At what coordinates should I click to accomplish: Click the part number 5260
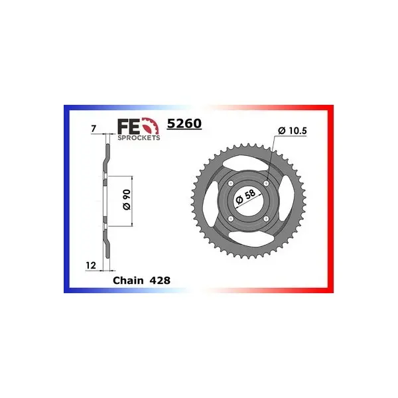(x=184, y=123)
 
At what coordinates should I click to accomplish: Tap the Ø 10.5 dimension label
(x=292, y=131)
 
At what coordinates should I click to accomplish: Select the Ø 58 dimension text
(x=245, y=196)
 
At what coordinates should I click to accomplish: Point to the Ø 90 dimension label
(x=127, y=200)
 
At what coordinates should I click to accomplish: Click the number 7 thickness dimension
(x=94, y=129)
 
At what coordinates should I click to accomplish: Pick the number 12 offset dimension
(x=91, y=265)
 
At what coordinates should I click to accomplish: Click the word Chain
(x=128, y=281)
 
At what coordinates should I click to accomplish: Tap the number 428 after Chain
(x=160, y=281)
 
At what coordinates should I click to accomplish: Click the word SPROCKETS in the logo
(x=139, y=138)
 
